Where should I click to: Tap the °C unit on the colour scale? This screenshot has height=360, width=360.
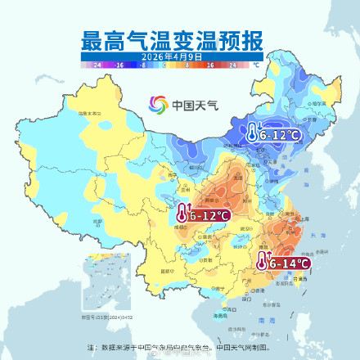coord(256,63)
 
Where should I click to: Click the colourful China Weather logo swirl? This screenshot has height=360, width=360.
coord(157,105)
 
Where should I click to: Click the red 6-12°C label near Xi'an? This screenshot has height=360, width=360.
coord(209,215)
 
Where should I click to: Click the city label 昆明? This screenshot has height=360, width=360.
coord(167,269)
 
